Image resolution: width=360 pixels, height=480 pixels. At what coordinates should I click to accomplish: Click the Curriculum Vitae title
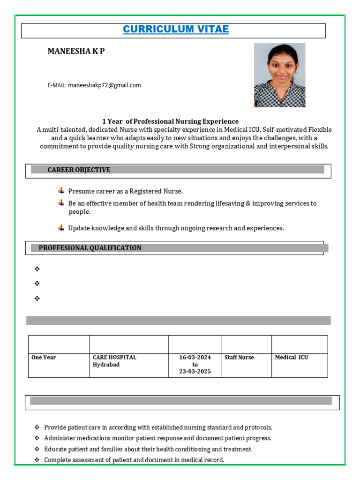click(176, 30)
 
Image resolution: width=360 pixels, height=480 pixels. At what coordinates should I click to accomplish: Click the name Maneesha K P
click(76, 51)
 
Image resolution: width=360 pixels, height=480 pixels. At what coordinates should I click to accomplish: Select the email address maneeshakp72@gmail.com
click(104, 85)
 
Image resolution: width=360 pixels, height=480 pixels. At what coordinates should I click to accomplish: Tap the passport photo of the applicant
click(279, 75)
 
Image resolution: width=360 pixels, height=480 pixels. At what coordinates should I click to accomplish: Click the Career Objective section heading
click(79, 170)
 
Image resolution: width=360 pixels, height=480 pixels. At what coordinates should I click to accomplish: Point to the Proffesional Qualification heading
click(90, 248)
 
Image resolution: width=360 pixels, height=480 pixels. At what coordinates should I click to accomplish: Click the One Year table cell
click(44, 358)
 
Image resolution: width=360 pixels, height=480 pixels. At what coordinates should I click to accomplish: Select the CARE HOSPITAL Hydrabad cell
click(114, 361)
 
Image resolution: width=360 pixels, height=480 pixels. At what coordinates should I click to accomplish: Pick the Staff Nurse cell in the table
click(239, 358)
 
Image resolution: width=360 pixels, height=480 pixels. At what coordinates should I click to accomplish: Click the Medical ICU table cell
click(291, 358)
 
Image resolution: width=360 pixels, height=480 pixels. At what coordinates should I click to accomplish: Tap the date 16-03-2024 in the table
click(195, 358)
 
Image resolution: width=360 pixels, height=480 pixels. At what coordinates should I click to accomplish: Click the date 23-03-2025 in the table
click(195, 372)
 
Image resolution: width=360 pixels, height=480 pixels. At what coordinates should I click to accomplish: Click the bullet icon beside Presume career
click(61, 191)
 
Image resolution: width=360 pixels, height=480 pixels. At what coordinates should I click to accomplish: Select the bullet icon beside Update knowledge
click(61, 228)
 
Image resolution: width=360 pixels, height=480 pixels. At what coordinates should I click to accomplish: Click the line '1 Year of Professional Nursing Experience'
click(170, 121)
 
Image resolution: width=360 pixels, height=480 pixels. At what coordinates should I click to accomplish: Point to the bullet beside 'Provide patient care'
click(37, 427)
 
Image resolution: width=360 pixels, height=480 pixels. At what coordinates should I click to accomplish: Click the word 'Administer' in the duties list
click(59, 438)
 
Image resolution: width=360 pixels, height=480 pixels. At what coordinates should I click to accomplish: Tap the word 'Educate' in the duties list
click(55, 449)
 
